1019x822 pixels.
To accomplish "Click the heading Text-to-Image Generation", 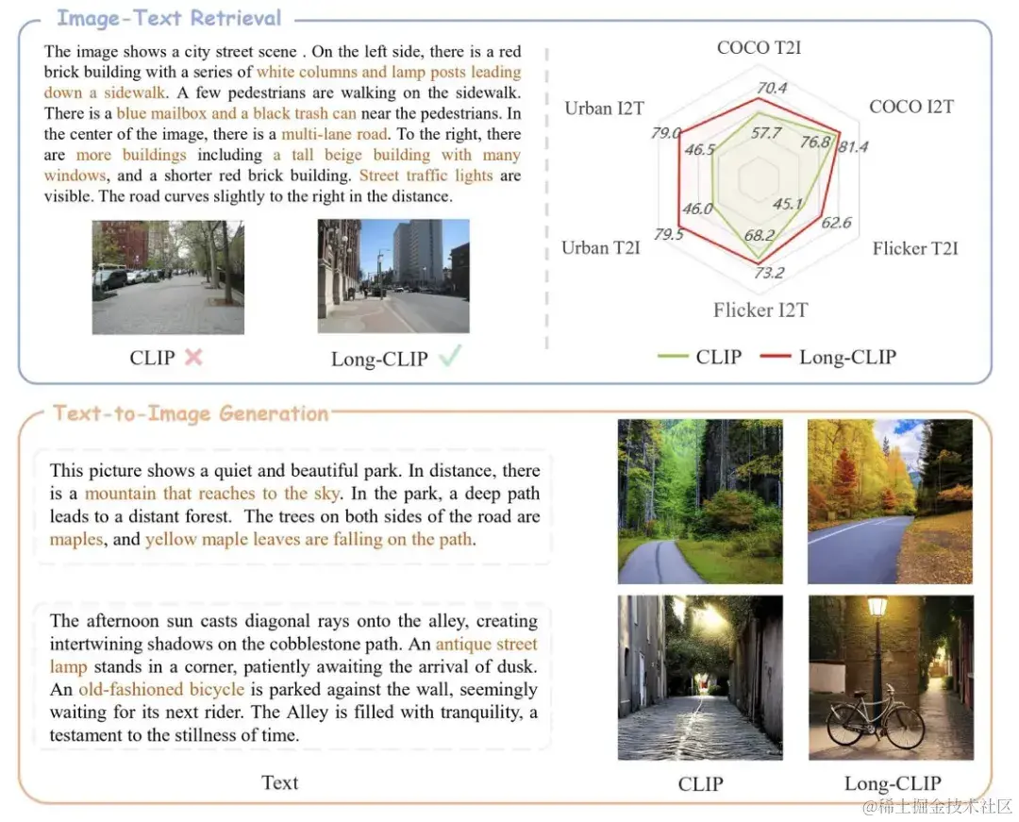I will tap(191, 413).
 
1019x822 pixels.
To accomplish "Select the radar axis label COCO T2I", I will tap(759, 47).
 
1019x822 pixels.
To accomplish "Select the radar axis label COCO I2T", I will tap(910, 107).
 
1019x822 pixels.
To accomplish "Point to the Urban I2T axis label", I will tap(604, 109).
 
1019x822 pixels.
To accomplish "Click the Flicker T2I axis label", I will tap(914, 248).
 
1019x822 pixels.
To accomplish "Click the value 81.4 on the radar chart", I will tap(853, 146).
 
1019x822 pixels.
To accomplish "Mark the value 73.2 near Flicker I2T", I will tap(768, 274).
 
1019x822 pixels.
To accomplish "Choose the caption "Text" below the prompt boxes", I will tap(279, 782).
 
